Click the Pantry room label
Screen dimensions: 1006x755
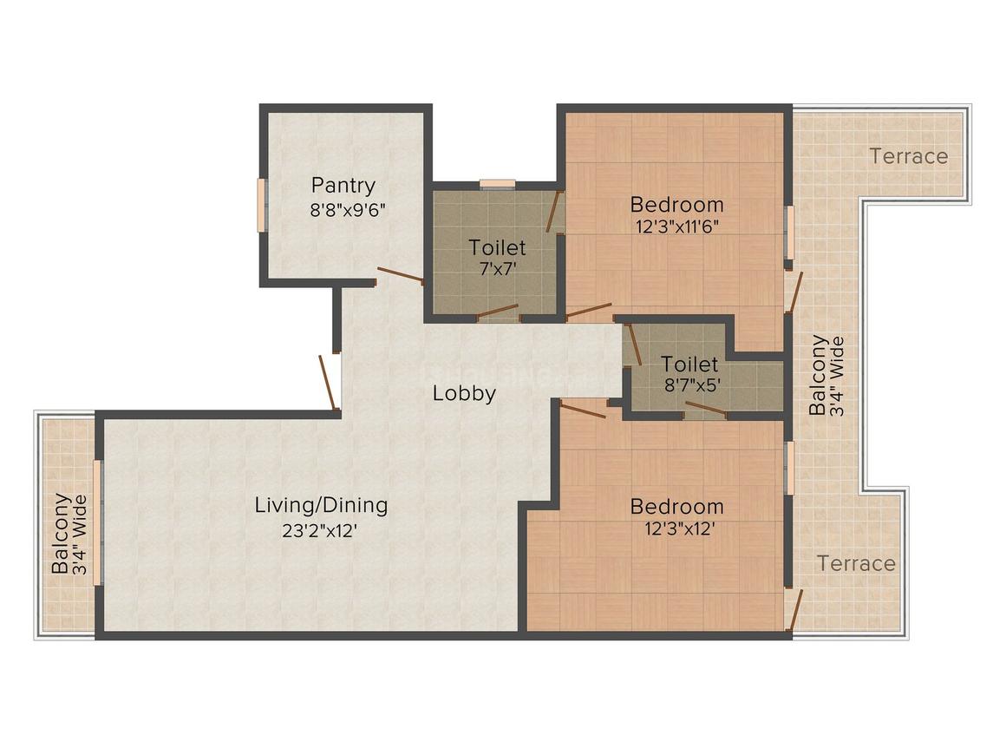tap(343, 186)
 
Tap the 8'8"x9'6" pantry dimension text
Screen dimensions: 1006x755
tap(348, 211)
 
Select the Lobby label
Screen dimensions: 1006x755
tap(464, 393)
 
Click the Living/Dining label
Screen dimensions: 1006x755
tap(322, 505)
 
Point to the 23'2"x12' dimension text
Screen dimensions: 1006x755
tap(319, 532)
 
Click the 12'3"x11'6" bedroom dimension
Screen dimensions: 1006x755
tap(676, 226)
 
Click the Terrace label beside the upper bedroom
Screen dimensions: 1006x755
tap(909, 157)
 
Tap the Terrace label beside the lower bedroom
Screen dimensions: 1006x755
tap(856, 564)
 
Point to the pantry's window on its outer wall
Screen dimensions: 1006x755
tap(261, 205)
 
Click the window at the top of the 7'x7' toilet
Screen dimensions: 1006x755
tap(497, 184)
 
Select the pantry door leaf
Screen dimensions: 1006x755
tap(401, 275)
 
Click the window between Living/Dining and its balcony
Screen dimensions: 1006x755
tap(97, 522)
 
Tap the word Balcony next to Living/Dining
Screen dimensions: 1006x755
tap(61, 534)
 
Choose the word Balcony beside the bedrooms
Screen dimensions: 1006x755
tap(817, 376)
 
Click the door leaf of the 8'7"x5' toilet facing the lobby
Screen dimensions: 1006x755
tap(635, 345)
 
